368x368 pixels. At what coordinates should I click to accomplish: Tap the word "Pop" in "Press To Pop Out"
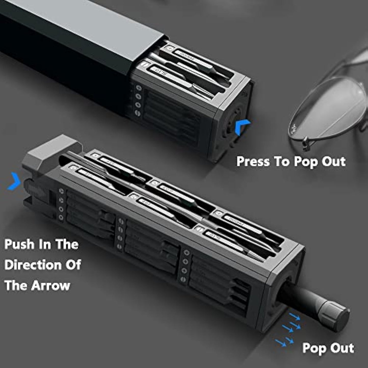302,161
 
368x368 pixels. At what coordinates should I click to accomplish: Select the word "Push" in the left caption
19,244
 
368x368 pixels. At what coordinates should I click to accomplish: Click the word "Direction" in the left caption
33,265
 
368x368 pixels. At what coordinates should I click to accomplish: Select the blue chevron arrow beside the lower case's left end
14,181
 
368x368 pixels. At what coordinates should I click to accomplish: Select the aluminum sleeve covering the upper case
71,38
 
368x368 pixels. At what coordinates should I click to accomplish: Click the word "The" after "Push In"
67,244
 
